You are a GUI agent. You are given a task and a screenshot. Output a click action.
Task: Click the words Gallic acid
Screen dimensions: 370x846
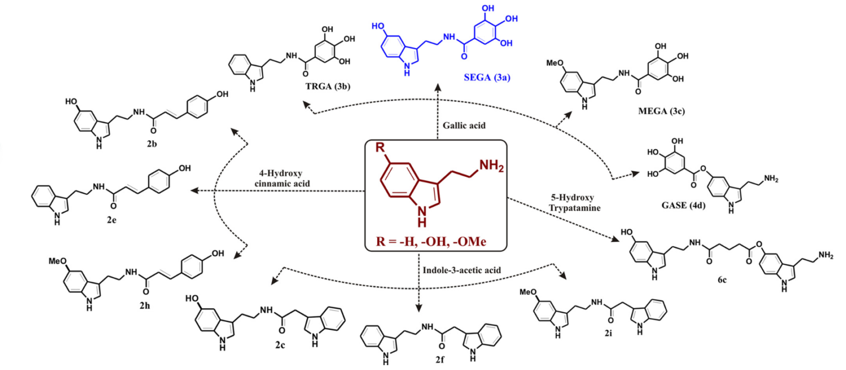coord(464,125)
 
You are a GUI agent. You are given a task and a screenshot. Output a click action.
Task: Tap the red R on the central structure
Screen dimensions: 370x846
coord(379,149)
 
